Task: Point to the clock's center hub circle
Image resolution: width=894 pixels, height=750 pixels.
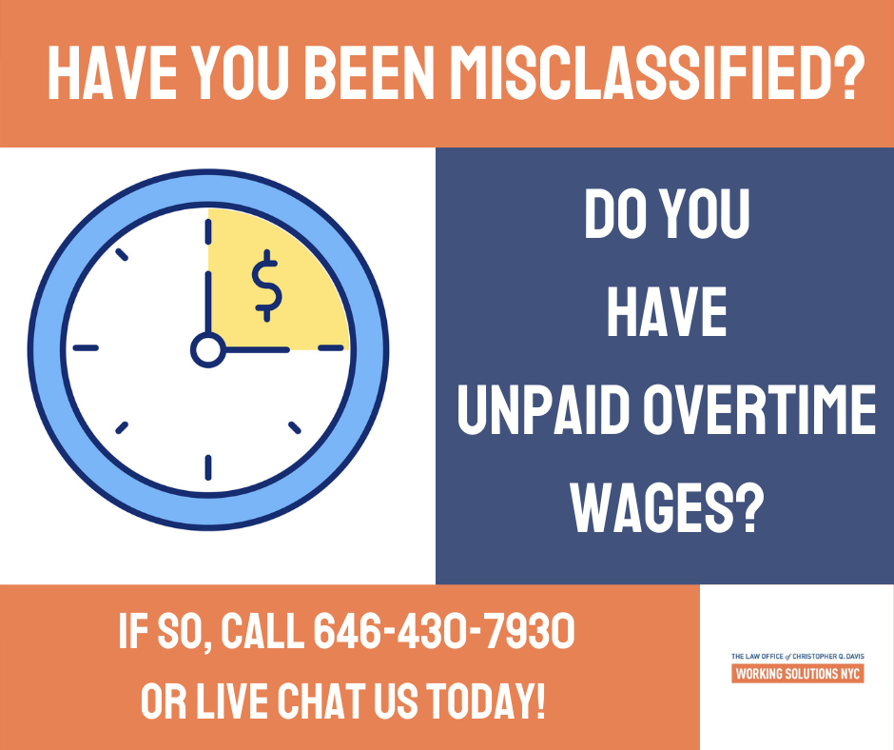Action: coord(207,349)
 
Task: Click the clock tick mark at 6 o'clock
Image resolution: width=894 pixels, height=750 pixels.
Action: coord(208,467)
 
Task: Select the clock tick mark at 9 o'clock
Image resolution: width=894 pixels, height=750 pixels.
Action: coord(86,347)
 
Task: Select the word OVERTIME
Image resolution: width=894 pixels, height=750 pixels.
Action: coord(760,409)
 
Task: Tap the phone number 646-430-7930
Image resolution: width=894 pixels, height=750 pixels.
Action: coord(444,631)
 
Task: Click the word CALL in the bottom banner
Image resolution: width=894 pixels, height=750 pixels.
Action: coord(262,631)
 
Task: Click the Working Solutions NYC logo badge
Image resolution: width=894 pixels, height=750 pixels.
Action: coord(798,674)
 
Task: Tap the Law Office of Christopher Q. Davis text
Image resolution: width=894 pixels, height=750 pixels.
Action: coord(798,657)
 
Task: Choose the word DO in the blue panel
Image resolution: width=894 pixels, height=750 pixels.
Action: coord(617,214)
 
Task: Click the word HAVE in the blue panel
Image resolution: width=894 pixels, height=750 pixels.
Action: coord(667,311)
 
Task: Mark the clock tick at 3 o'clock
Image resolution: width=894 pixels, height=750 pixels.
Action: coord(331,347)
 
